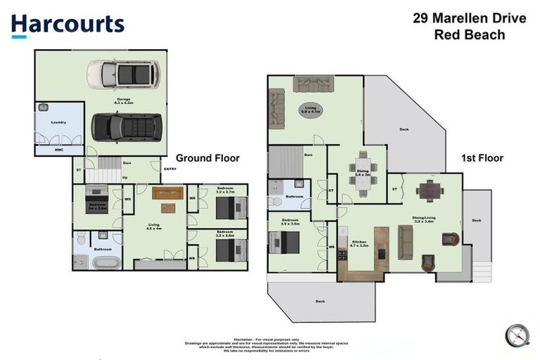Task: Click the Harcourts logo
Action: click(67, 25)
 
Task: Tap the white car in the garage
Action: click(123, 74)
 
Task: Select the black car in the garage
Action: click(127, 127)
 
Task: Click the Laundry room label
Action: click(58, 122)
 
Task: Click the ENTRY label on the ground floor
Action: click(170, 169)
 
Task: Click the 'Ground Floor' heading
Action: click(207, 158)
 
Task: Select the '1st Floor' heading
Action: click(482, 158)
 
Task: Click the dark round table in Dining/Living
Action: click(428, 190)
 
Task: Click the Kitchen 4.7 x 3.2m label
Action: click(359, 246)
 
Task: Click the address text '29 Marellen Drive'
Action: click(468, 18)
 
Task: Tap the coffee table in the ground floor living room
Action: click(167, 207)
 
